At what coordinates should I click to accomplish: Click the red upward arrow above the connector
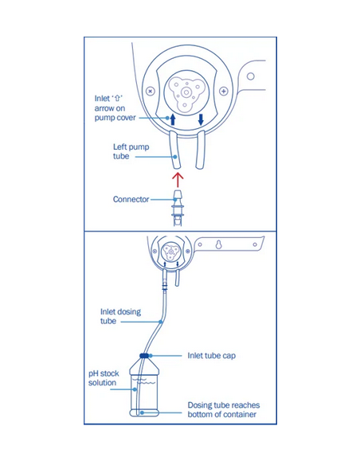178,180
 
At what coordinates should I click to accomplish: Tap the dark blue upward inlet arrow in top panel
173,119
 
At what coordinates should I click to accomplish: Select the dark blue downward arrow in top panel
201,119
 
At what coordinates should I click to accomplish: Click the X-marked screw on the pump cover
151,91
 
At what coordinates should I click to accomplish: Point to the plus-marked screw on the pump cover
224,91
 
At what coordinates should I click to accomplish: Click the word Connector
131,199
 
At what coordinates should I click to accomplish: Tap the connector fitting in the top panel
178,208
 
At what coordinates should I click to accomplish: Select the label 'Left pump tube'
131,151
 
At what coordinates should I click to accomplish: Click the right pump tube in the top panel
200,150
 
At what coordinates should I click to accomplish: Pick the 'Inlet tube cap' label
211,356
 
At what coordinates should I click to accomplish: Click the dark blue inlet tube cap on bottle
144,355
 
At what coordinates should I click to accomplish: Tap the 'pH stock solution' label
104,377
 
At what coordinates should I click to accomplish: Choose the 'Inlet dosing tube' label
120,316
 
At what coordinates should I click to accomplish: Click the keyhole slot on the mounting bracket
218,244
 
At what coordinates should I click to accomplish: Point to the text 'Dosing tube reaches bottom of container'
223,409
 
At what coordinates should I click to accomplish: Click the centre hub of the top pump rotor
186,92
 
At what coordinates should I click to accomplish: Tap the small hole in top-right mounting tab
251,76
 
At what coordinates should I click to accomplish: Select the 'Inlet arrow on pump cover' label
115,108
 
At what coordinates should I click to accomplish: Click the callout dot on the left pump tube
175,157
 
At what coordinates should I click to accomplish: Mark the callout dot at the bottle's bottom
142,412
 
